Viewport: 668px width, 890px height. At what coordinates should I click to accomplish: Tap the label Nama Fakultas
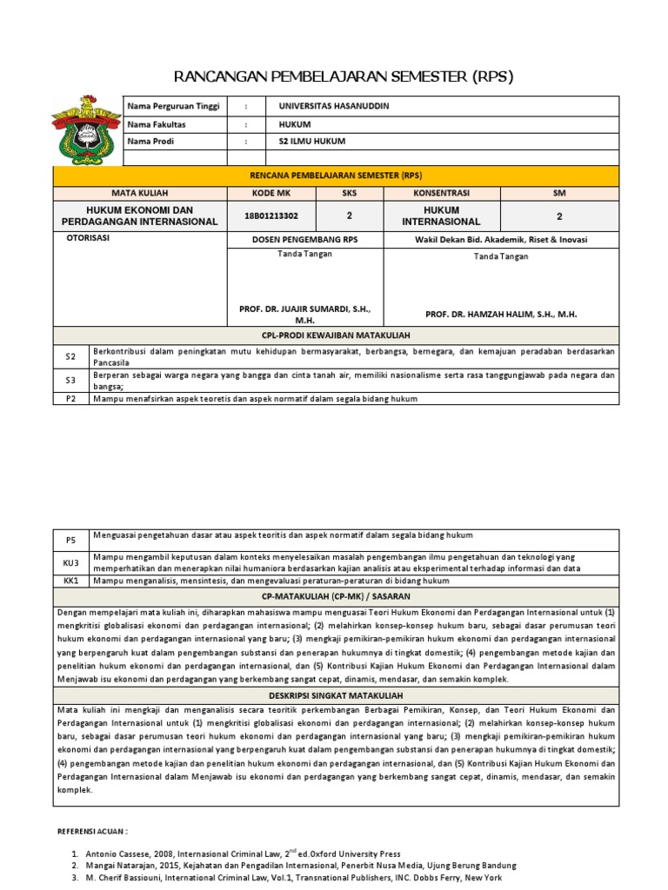(x=157, y=124)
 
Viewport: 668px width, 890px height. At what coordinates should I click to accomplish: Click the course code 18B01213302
(x=265, y=216)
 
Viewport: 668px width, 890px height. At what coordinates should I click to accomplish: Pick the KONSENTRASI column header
(x=441, y=192)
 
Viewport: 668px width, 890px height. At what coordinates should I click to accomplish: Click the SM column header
(x=559, y=192)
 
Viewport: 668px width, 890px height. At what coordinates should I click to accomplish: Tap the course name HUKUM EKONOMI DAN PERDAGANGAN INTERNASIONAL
(x=139, y=216)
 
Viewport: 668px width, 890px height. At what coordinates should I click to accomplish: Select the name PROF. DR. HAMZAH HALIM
(x=501, y=315)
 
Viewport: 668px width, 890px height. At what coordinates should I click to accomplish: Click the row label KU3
(x=71, y=562)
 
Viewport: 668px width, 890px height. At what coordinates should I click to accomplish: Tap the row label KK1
(x=71, y=580)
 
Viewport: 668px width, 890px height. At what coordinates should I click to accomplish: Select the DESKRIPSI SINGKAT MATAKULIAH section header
(x=337, y=696)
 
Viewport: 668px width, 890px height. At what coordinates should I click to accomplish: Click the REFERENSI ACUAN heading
(x=92, y=832)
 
